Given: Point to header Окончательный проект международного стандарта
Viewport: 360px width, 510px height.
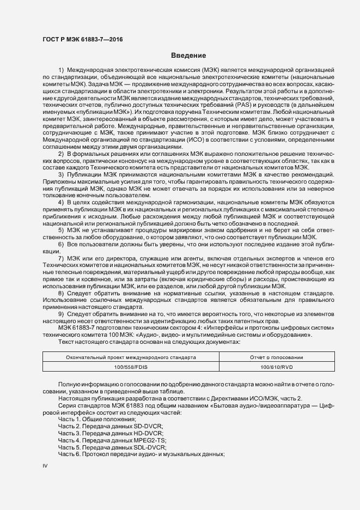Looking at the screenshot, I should [123, 357].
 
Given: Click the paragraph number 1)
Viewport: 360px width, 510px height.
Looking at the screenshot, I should [61, 71].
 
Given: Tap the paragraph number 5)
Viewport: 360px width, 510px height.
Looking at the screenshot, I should [61, 230].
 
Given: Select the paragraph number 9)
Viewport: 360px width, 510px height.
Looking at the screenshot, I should [61, 314].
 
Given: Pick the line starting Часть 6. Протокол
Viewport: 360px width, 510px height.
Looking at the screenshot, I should [142, 453].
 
